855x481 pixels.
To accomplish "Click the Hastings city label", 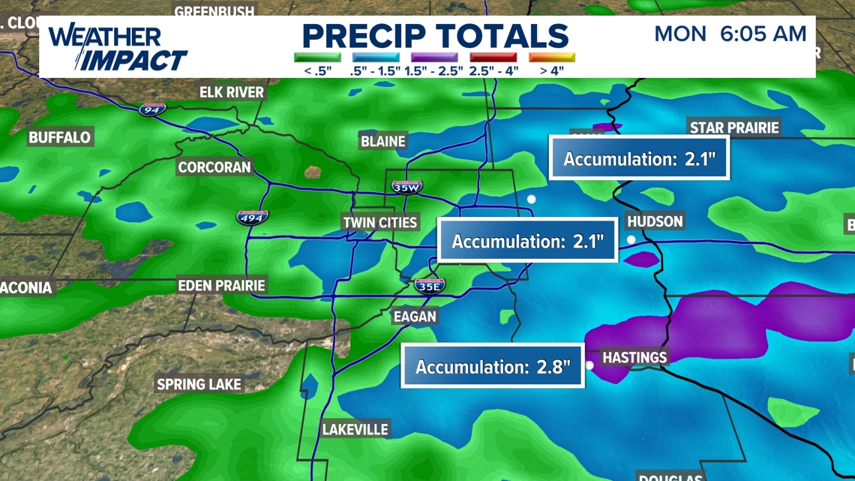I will point(634,357).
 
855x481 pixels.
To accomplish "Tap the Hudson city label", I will point(655,221).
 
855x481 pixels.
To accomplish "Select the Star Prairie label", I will point(734,128).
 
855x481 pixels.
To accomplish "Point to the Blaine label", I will point(383,141).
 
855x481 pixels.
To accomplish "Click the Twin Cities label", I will point(379,223).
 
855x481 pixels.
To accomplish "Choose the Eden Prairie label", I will point(221,286).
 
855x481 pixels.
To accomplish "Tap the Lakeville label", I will point(355,429).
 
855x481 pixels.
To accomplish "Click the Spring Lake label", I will point(199,384).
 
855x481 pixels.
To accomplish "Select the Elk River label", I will point(232,92).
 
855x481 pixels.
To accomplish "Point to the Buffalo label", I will point(59,137).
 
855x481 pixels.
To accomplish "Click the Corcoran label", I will point(214,167).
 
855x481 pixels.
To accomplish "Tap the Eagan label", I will point(415,317).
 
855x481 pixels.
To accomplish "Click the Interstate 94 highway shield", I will point(152,110).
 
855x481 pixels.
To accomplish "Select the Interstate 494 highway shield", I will point(252,218).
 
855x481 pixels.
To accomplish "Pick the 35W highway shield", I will point(406,187).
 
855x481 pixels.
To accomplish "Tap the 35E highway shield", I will point(430,285).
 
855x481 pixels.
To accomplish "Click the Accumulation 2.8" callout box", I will point(493,366).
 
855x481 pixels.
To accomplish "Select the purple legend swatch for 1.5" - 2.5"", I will point(433,57).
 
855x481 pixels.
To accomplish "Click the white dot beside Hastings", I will point(589,365).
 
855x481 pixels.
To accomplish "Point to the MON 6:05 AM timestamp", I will point(730,34).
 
